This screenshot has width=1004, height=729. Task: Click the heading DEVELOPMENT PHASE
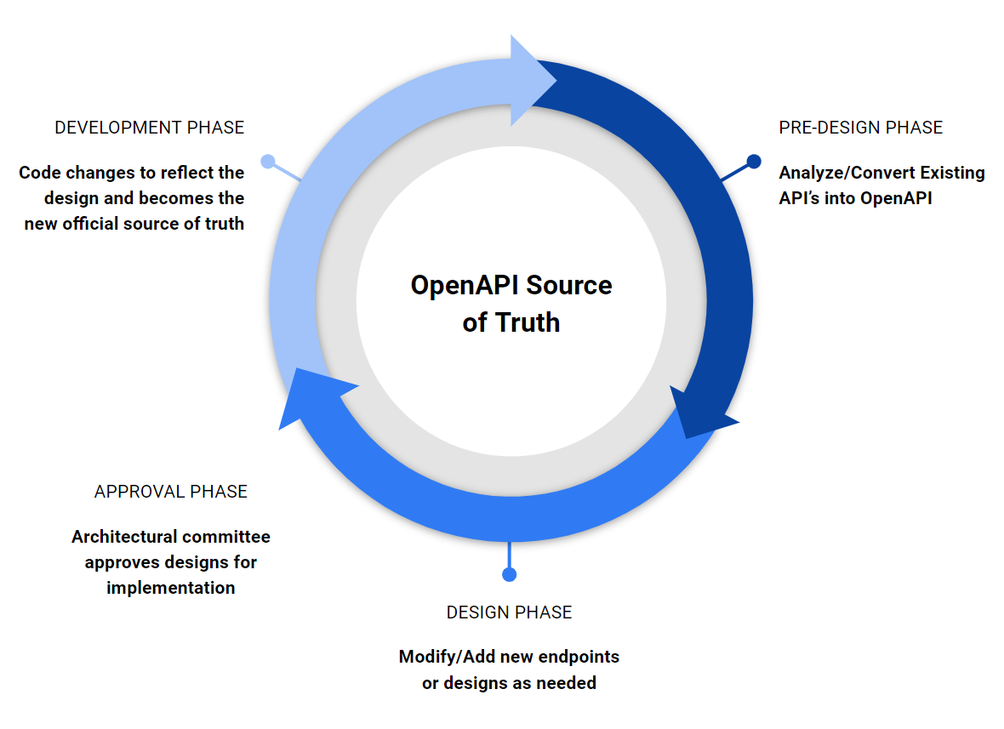coord(149,128)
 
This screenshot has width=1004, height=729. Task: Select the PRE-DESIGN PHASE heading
coord(860,128)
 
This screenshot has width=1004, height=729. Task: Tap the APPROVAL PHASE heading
coord(171,492)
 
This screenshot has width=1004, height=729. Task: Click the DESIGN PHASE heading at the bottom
coord(509,612)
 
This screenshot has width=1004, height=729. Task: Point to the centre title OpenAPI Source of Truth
coord(511,303)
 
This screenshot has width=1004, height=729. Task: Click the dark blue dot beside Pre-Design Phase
coord(754,161)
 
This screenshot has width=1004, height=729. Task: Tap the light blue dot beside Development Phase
coord(268,161)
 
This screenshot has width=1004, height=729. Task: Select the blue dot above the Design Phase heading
coord(509,574)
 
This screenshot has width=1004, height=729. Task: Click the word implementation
coord(171,588)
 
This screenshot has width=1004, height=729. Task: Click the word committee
coord(227,537)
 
